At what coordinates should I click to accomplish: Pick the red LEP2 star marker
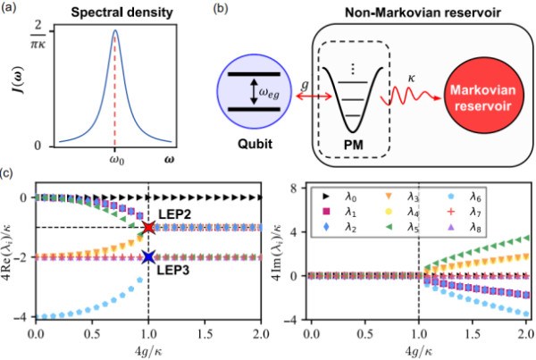148,227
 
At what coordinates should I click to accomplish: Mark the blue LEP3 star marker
148,257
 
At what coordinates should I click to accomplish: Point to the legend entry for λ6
475,195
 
